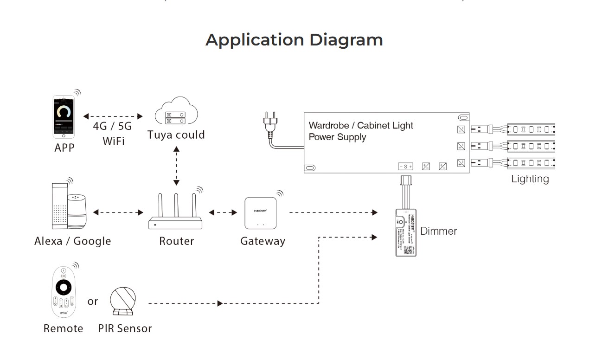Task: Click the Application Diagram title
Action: (294, 40)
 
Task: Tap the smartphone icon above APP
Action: (64, 116)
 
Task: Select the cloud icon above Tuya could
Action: (176, 111)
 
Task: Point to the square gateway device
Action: (261, 213)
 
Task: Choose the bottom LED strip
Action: (532, 163)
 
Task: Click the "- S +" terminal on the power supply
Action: (405, 166)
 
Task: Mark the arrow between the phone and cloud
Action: (113, 116)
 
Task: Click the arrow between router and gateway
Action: (223, 212)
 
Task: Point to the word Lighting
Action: (530, 179)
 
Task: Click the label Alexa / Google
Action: (73, 241)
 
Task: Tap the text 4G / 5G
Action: (112, 127)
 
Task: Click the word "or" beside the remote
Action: (93, 302)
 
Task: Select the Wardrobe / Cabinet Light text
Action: (361, 125)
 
